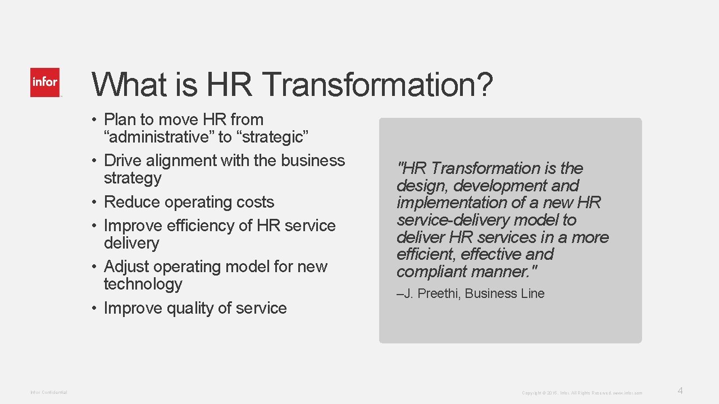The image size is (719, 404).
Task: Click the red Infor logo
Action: (45, 82)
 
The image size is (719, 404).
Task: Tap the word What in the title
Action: (129, 85)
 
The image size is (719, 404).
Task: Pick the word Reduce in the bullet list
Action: (130, 202)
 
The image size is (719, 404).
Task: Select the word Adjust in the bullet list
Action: (127, 267)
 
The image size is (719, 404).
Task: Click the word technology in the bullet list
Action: (143, 284)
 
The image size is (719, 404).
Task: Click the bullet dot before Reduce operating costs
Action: (96, 202)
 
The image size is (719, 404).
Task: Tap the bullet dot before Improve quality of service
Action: (96, 308)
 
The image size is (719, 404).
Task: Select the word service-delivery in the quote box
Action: (452, 220)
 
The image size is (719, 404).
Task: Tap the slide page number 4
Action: (680, 391)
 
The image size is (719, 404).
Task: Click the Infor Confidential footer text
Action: (49, 392)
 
